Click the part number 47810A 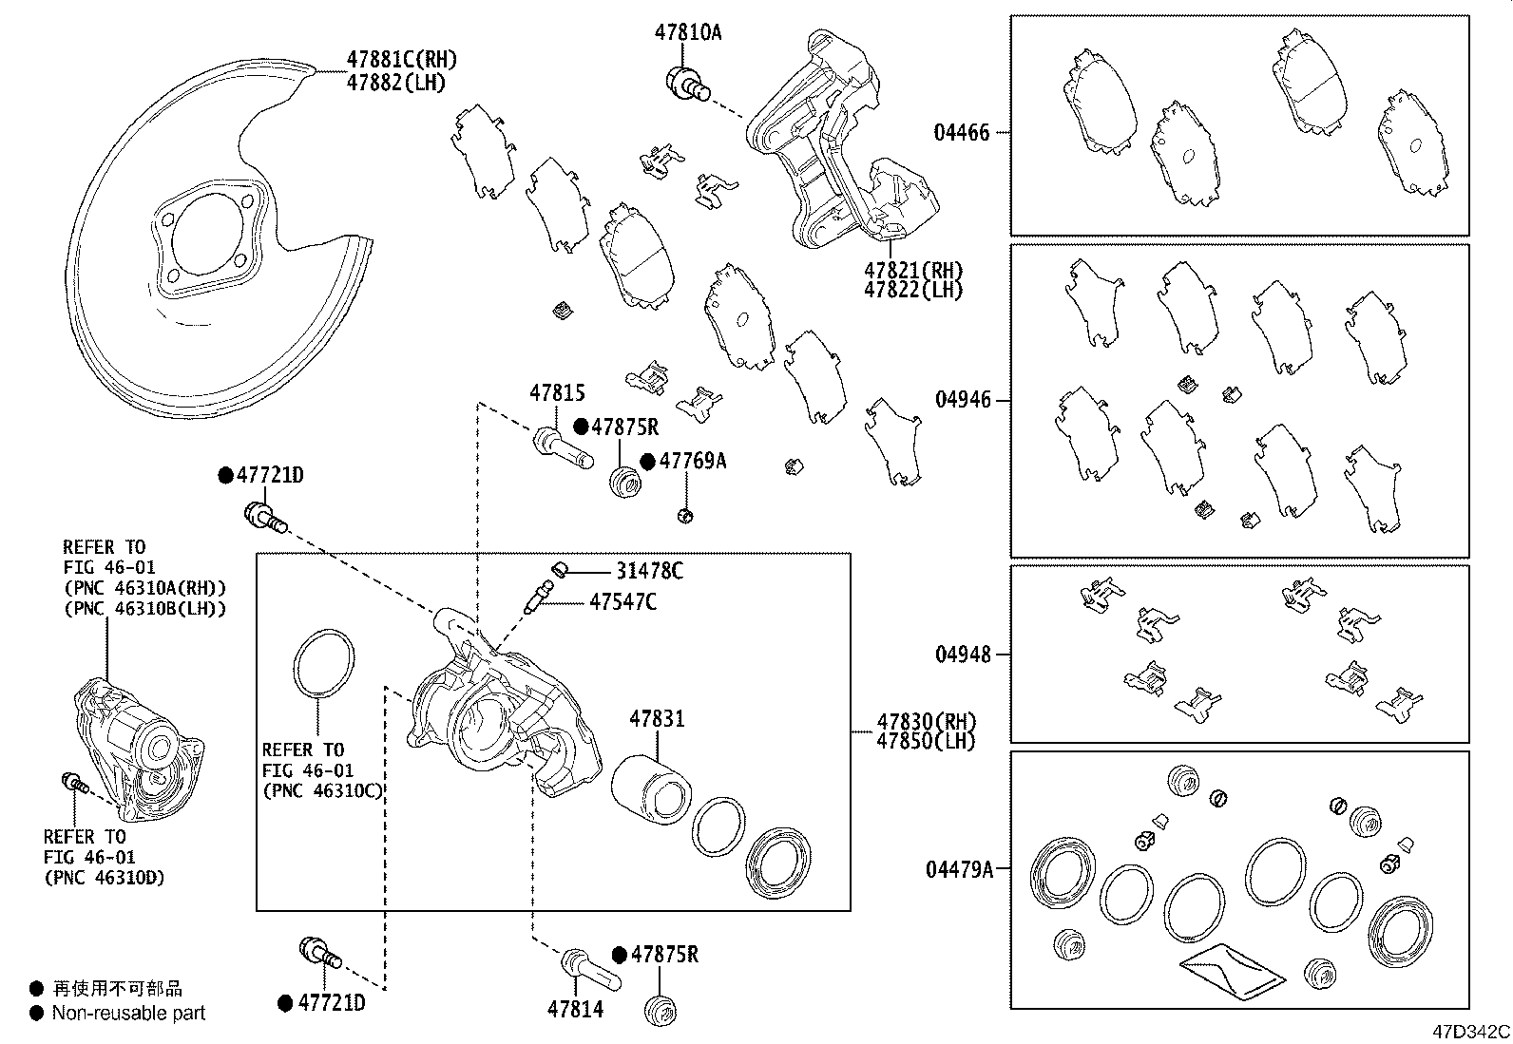tap(687, 32)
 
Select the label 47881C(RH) tap(401, 60)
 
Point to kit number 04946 tap(962, 400)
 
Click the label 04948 tap(962, 655)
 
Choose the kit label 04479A tap(959, 868)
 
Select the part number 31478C tap(649, 571)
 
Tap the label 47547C tap(622, 601)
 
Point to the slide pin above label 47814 tap(589, 968)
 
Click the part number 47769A tap(693, 462)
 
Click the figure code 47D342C tap(1472, 1032)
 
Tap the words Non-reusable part tap(128, 1014)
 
